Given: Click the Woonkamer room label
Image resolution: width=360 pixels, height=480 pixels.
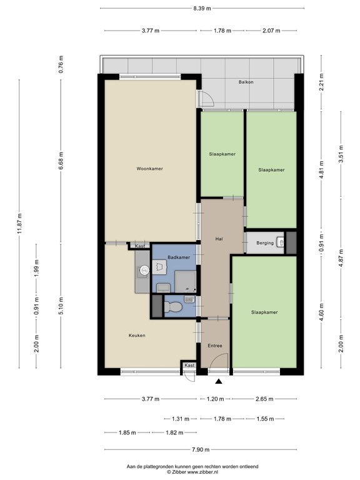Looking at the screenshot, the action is pyautogui.click(x=150, y=169).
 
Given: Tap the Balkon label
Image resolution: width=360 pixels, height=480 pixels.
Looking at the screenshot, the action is pyautogui.click(x=246, y=82).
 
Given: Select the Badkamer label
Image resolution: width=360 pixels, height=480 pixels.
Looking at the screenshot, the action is pyautogui.click(x=179, y=257).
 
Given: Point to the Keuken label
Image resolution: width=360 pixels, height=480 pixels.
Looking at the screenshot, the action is pyautogui.click(x=137, y=336).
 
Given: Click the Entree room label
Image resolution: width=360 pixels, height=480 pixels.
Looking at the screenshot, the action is pyautogui.click(x=215, y=346).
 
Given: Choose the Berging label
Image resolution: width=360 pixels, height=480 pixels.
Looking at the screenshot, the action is pyautogui.click(x=265, y=243).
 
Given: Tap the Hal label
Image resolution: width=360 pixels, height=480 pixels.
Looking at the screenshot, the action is pyautogui.click(x=219, y=239).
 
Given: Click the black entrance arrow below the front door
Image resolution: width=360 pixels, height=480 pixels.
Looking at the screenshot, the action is pyautogui.click(x=219, y=381).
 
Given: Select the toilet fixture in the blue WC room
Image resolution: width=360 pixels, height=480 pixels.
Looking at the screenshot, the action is pyautogui.click(x=173, y=306).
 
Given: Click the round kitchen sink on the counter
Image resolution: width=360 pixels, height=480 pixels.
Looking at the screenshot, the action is pyautogui.click(x=144, y=270).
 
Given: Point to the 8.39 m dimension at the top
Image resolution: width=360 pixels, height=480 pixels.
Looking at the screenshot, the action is pyautogui.click(x=202, y=8).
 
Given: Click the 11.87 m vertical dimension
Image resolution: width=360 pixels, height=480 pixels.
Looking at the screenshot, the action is pyautogui.click(x=19, y=224).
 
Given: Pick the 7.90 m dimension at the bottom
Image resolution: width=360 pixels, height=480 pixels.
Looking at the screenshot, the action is pyautogui.click(x=201, y=450).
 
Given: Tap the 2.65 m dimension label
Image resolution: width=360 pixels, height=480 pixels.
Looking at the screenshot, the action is pyautogui.click(x=264, y=399).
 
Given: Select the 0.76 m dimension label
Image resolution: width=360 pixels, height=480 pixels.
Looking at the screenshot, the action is pyautogui.click(x=61, y=64).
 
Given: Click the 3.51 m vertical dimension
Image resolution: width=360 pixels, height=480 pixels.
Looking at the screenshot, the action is pyautogui.click(x=341, y=154).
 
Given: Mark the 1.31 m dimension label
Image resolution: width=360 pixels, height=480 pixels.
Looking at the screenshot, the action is pyautogui.click(x=180, y=419).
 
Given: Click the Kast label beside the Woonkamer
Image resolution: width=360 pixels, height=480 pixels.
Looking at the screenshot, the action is pyautogui.click(x=140, y=246).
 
